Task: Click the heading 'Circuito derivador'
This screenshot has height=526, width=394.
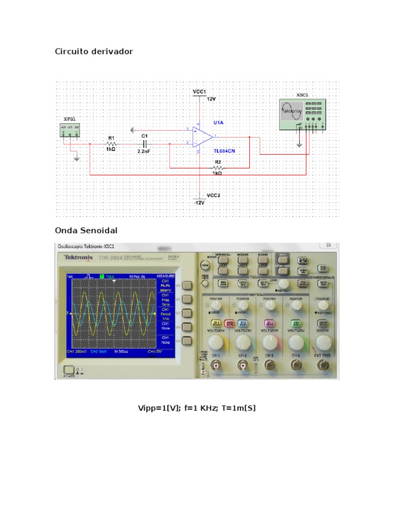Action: click(x=94, y=52)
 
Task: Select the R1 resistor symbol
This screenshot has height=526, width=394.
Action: click(x=111, y=145)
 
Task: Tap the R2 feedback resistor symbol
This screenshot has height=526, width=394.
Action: click(x=218, y=167)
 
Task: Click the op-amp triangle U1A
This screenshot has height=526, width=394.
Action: click(x=203, y=137)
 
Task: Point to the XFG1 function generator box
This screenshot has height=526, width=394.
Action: click(x=70, y=128)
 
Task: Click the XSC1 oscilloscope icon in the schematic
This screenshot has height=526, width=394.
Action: click(x=302, y=115)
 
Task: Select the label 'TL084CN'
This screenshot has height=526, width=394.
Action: click(x=224, y=152)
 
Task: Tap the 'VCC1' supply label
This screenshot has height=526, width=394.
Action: click(x=199, y=91)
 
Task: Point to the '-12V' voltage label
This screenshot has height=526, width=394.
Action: click(x=199, y=202)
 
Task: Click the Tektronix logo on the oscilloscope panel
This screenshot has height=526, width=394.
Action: click(x=78, y=257)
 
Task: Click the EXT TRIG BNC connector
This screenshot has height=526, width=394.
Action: click(x=323, y=365)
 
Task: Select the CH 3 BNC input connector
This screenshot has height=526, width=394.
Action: click(x=269, y=365)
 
